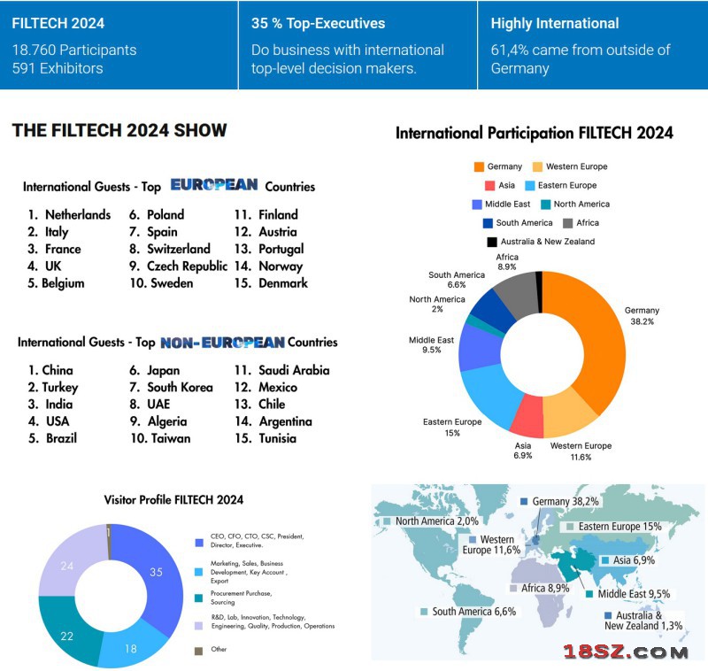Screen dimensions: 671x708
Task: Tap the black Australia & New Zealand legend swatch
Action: click(x=491, y=242)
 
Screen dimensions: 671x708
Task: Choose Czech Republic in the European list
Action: click(x=187, y=266)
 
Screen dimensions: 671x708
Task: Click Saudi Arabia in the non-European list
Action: click(x=294, y=370)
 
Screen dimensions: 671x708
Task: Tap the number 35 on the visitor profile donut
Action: click(x=156, y=572)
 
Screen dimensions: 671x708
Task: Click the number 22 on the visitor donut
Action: click(x=65, y=636)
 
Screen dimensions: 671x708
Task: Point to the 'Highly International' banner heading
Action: click(x=555, y=24)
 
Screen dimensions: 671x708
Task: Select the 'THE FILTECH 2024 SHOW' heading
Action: click(x=119, y=131)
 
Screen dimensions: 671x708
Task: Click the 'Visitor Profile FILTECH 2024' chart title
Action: click(x=173, y=500)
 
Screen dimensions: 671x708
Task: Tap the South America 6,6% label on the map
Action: click(x=473, y=612)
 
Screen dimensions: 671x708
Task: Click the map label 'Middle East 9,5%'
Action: click(x=633, y=594)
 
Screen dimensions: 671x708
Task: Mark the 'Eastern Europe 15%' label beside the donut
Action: click(x=452, y=427)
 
